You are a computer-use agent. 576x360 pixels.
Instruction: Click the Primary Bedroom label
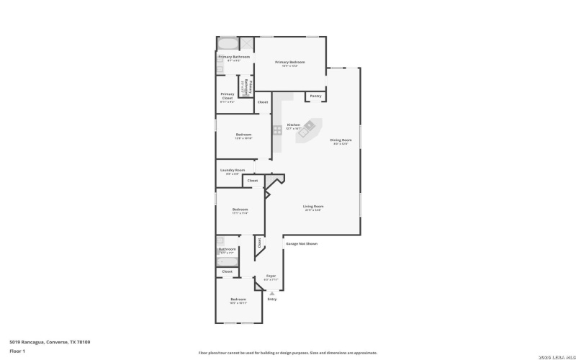coord(290,63)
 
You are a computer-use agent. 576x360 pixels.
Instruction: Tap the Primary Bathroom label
coord(234,57)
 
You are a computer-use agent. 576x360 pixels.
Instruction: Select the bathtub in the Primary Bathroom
coord(228,43)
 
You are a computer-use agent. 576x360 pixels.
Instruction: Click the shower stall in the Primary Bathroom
coord(246,43)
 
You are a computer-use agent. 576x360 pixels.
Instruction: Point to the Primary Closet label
coord(228,95)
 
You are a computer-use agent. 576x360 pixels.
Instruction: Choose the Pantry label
coord(315,96)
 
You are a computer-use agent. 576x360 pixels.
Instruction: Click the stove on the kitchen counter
coord(277,130)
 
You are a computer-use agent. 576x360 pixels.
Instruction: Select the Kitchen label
coord(294,125)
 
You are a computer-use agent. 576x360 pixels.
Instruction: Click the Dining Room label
coord(341,140)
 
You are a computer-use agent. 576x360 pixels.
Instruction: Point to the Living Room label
coord(313,207)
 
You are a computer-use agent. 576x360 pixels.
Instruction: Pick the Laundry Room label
coord(233,170)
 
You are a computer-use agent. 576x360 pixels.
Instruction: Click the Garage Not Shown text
coord(302,243)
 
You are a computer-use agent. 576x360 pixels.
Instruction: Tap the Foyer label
coord(271,276)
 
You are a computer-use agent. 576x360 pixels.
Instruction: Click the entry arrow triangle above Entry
coord(272,293)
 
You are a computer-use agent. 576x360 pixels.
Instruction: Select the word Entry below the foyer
coord(272,300)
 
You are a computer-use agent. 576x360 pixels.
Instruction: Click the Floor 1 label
coord(17,351)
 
